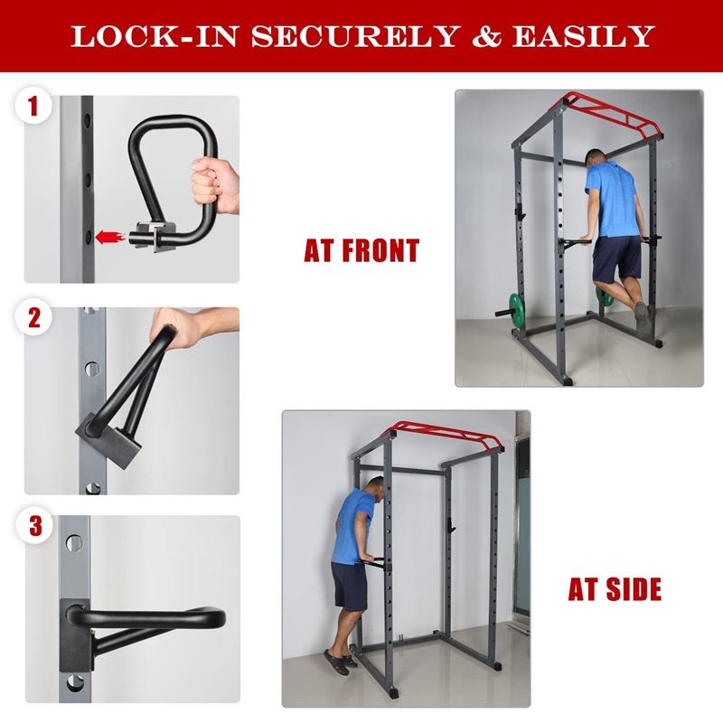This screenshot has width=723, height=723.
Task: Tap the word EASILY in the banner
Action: coord(582,35)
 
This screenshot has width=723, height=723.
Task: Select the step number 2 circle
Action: coord(34,318)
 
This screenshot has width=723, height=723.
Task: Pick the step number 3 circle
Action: coord(34,526)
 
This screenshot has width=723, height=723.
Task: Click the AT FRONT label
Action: coord(361,251)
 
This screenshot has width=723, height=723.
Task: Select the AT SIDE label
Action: coord(615,590)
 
